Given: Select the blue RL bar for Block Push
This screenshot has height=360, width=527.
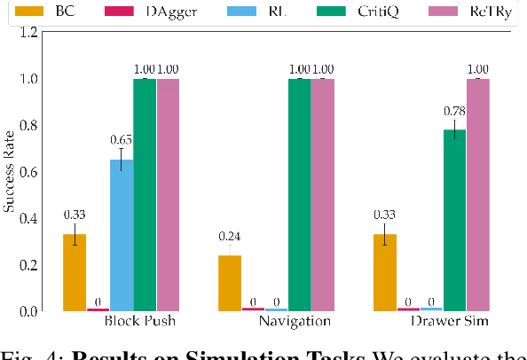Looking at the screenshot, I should pyautogui.click(x=122, y=235).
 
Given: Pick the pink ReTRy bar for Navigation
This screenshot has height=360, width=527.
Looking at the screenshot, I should pyautogui.click(x=323, y=194).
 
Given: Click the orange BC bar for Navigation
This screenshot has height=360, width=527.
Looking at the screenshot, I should pyautogui.click(x=229, y=283).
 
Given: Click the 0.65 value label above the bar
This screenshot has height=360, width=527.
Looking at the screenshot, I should pyautogui.click(x=122, y=139).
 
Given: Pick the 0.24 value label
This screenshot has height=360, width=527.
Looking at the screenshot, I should pyautogui.click(x=229, y=236).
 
